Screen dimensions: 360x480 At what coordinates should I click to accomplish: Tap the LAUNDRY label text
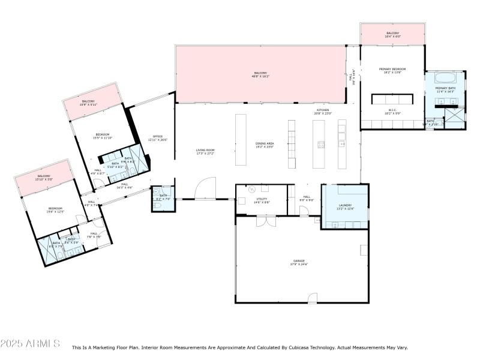(345, 205)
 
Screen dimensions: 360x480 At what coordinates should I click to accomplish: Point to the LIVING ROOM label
(205, 150)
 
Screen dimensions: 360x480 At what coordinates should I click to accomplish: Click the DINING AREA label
(265, 143)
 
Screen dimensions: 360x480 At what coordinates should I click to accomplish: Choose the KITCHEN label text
(323, 110)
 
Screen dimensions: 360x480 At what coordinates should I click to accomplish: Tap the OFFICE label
(158, 136)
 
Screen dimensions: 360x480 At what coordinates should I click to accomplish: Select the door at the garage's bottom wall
(312, 298)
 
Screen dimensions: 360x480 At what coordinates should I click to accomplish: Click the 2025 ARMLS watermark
(30, 344)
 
